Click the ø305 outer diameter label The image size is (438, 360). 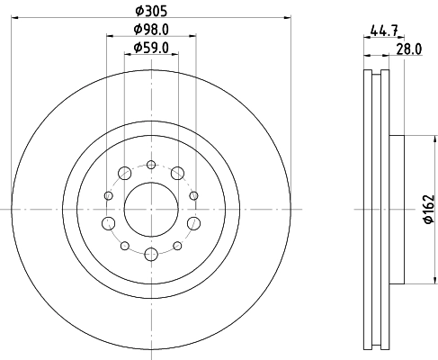(150, 9)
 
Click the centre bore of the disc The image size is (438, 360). (151, 210)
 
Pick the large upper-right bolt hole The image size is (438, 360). (178, 173)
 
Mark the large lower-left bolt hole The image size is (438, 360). (108, 224)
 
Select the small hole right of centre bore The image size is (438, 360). (195, 195)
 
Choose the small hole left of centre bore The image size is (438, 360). (107, 195)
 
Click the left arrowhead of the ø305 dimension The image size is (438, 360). (17, 16)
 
